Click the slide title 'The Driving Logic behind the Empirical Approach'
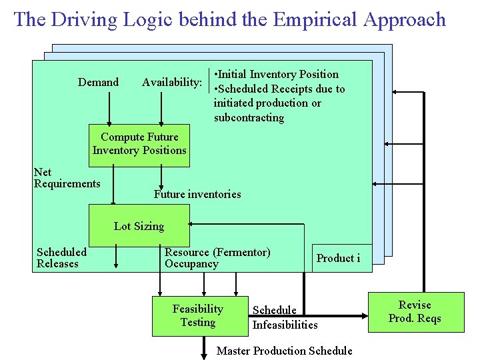[229, 19]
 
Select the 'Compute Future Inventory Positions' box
[139, 144]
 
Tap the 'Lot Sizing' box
[139, 226]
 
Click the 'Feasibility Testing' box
[198, 315]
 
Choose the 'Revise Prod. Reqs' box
[415, 311]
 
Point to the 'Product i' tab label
[338, 258]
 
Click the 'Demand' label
[98, 82]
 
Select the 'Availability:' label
[172, 82]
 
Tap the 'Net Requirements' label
[67, 178]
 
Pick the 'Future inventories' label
[197, 194]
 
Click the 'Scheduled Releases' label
[61, 257]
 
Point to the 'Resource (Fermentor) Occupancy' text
[217, 258]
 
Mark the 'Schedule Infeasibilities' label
[285, 317]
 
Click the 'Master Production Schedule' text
[285, 351]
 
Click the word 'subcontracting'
[249, 118]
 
